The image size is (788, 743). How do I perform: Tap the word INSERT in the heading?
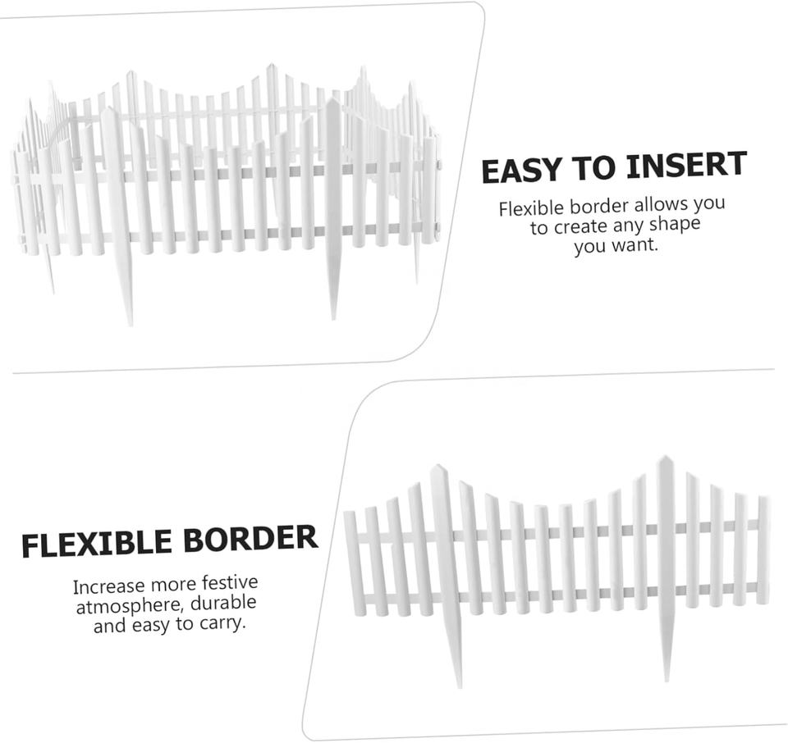(686, 166)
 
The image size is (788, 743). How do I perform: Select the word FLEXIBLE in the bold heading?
(97, 545)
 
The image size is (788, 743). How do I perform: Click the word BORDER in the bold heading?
(250, 539)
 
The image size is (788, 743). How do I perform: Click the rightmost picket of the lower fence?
(763, 549)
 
